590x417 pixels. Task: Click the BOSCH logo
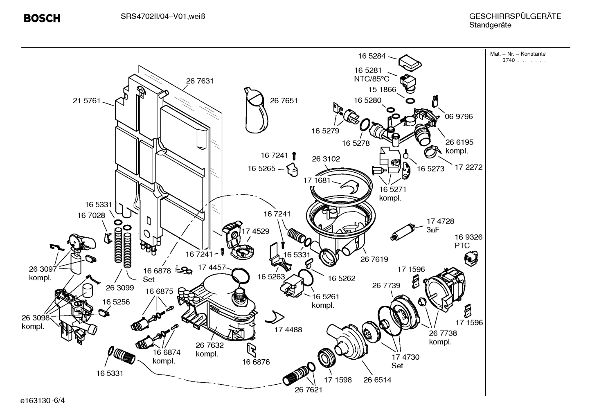click(42, 18)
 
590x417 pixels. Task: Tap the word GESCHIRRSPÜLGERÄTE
click(515, 17)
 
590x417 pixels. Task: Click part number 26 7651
click(284, 101)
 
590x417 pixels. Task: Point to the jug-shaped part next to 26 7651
click(256, 110)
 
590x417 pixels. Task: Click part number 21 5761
click(87, 101)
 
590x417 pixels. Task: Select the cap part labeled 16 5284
click(410, 63)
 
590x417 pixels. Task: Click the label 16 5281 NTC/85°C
click(372, 74)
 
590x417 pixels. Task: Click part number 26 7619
click(374, 259)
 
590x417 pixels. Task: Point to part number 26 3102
click(326, 159)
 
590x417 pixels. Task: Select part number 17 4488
click(288, 329)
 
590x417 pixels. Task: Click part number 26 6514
click(377, 380)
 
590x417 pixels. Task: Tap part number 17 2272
click(468, 167)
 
